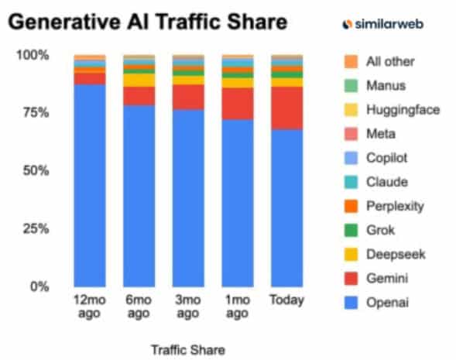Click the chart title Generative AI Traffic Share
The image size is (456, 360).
147,23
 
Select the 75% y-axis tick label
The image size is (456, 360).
35,113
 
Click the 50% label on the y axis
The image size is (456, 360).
35,170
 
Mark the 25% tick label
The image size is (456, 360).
35,228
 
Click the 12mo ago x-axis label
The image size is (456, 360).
89,306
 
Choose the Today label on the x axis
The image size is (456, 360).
287,300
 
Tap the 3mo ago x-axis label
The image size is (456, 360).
188,306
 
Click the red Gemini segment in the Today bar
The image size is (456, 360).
287,108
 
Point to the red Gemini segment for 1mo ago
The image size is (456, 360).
238,103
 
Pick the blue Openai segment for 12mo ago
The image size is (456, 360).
89,186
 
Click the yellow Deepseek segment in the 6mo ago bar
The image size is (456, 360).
139,80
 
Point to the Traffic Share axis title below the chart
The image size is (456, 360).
188,348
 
